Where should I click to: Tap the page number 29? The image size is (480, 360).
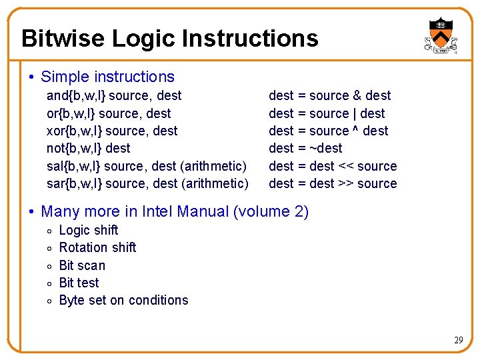pos(459,341)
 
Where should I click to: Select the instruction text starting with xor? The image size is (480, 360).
pos(112,131)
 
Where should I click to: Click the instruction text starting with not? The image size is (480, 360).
pos(88,148)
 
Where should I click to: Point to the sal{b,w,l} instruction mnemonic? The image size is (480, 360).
pos(73,166)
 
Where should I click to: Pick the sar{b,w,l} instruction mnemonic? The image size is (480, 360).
pos(73,183)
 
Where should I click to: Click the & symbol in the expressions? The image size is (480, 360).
pos(357,96)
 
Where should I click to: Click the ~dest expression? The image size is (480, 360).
pos(326,148)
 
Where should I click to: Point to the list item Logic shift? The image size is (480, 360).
pos(89,230)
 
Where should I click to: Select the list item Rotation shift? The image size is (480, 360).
pos(97,247)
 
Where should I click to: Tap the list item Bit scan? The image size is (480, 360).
pos(82,265)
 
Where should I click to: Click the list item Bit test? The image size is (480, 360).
pos(79,283)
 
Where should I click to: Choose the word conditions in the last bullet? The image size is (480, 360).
pos(159,300)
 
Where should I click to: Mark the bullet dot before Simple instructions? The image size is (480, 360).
pos(33,78)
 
